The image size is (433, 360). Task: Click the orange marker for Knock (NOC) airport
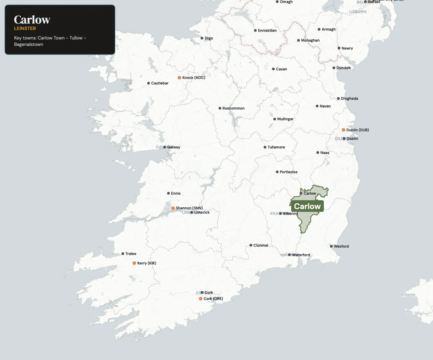pos(179,78)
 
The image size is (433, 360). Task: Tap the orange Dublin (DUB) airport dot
pos(343,130)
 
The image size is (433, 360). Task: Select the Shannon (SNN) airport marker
pos(173,208)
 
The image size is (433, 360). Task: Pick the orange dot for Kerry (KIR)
pos(134,263)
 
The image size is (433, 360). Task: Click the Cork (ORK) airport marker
pos(201,299)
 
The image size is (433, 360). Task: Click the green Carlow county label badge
pos(307,206)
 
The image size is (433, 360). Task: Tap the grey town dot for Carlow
pos(301,193)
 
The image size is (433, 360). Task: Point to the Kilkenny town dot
pos(280,214)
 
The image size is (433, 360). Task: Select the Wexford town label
pos(341,246)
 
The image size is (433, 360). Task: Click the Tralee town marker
pos(123,254)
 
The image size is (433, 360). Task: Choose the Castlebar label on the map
pos(160,83)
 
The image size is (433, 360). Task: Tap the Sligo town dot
pos(202,38)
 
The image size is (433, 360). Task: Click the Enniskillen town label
pos(267,31)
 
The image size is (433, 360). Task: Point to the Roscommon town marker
pos(220,108)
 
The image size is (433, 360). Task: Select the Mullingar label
pos(285,119)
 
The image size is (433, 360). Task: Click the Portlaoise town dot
pos(277,172)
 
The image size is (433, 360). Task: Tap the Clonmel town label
pos(261,246)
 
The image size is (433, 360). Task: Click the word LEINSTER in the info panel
pos(25,28)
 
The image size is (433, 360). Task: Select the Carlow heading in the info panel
pos(32,20)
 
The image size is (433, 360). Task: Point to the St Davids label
pos(408,295)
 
